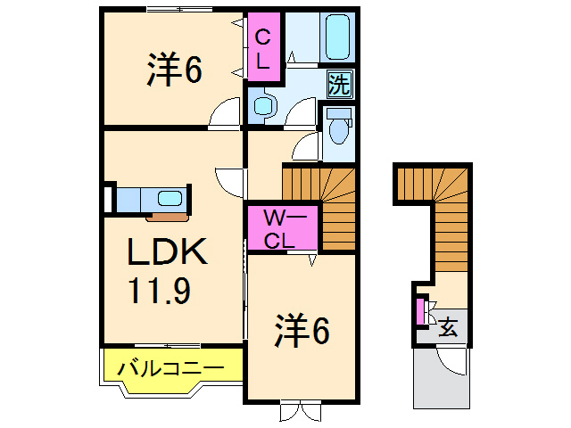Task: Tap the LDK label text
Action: pyautogui.click(x=167, y=254)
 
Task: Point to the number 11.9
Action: pyautogui.click(x=158, y=292)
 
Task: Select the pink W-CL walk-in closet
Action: pyautogui.click(x=281, y=228)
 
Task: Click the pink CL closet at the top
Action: pyautogui.click(x=264, y=49)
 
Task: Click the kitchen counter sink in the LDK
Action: pyautogui.click(x=169, y=197)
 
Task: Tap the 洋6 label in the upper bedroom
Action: pyautogui.click(x=174, y=70)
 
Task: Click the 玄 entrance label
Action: pyautogui.click(x=449, y=327)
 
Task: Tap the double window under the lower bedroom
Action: pyautogui.click(x=300, y=411)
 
